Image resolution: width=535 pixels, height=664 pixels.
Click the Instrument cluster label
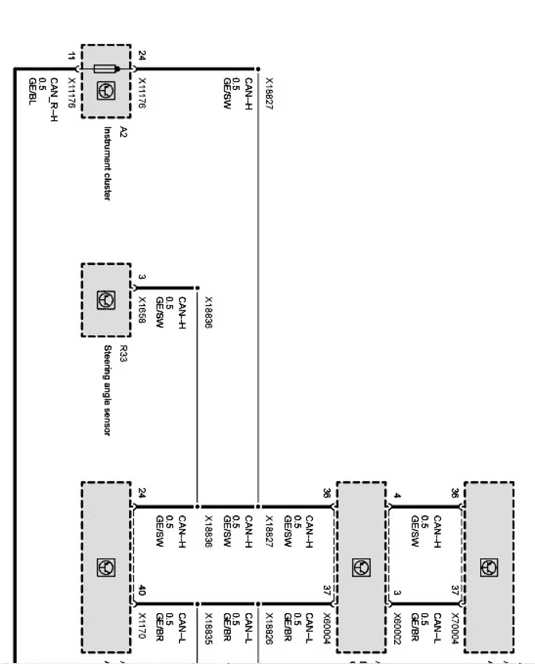point(107,163)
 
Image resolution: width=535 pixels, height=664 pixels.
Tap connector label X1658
point(141,310)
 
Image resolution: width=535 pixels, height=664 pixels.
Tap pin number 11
point(70,56)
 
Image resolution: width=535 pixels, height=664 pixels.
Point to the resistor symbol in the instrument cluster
point(106,69)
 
